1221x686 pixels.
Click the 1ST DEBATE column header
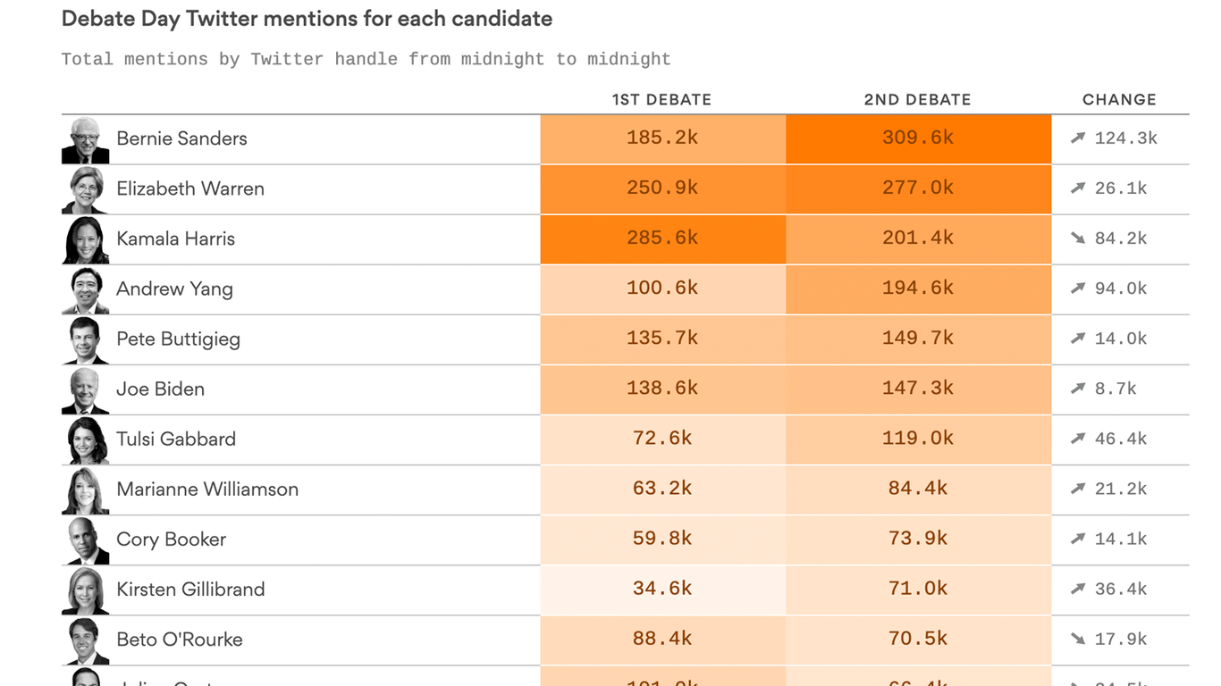coord(661,99)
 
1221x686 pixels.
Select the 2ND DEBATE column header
coord(917,99)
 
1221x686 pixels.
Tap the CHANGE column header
coord(1119,99)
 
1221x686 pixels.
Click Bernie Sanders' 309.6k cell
coord(918,138)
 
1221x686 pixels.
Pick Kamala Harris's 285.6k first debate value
coord(662,238)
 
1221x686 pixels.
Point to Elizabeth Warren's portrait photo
coord(86,189)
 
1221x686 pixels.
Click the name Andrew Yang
coord(174,289)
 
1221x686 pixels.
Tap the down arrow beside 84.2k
coord(1078,238)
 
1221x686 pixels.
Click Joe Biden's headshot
coord(86,390)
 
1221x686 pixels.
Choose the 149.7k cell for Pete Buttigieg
coord(918,339)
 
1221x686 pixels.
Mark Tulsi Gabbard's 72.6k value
coord(662,439)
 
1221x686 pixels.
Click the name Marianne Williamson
coord(207,489)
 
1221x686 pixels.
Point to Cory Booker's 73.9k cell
coord(918,539)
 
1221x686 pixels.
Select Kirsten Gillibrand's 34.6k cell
coord(662,589)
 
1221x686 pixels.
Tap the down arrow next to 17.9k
coord(1078,639)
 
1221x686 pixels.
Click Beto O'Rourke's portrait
coord(86,640)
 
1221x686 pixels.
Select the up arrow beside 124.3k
coord(1078,138)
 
